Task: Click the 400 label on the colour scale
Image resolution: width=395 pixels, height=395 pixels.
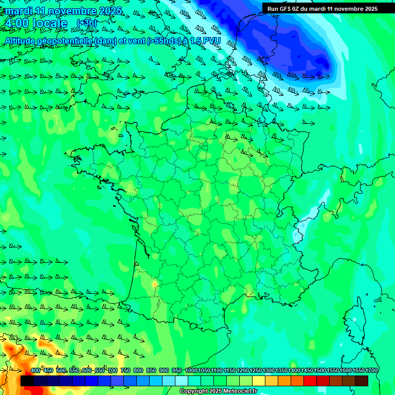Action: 35,371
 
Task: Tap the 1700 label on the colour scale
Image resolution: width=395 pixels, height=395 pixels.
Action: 371,371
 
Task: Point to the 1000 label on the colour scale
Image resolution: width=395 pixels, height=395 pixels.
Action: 191,371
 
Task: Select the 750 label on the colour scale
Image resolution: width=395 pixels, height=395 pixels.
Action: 125,371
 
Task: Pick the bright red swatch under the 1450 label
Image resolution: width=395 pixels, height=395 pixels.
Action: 310,381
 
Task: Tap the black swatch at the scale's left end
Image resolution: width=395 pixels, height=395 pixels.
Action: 27,381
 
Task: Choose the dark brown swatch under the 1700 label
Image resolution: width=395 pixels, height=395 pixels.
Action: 362,381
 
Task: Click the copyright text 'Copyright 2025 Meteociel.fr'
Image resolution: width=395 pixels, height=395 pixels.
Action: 218,391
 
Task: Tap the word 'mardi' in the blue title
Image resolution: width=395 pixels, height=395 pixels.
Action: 19,11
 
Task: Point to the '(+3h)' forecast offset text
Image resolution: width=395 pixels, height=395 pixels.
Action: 86,23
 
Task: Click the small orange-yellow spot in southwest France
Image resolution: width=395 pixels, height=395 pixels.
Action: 154,284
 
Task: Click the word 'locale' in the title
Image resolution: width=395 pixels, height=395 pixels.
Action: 49,24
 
